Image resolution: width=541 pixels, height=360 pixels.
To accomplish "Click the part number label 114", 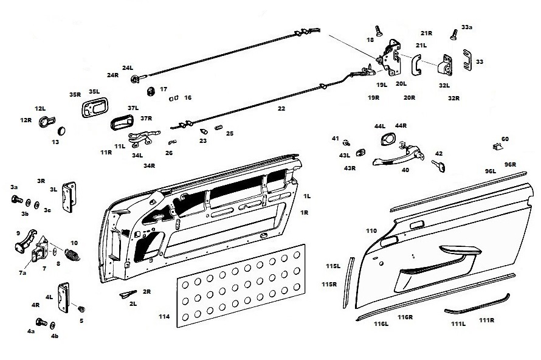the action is point(164,316).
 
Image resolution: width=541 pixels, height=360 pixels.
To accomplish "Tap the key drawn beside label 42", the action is point(438,166).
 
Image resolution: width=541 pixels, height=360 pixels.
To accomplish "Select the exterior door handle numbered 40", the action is point(398,156).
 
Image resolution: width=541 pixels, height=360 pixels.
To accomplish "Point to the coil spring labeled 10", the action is point(72,255).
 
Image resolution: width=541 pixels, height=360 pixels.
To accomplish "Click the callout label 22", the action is point(281,108).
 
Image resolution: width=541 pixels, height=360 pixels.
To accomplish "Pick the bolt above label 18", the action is point(379,30).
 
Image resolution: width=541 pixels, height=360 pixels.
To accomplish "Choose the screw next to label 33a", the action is point(453,35).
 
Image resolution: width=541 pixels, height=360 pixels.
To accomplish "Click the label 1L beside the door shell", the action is point(307,196).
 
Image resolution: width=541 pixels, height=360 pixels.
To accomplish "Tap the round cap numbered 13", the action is point(61,131).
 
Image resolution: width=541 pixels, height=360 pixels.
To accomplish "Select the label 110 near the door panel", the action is point(371,231).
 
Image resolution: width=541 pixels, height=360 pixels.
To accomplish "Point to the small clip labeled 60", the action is point(497,147).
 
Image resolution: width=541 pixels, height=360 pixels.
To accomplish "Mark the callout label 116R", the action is point(405,317).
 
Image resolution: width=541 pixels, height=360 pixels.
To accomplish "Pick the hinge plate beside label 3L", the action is point(69,197).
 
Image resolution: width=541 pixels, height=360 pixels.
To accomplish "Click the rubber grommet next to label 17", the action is point(150,91).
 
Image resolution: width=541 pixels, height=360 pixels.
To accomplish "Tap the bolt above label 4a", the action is point(41,322).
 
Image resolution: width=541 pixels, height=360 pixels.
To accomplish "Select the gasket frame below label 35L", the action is point(95,108).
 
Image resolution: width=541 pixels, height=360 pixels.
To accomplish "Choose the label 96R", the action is point(510,165).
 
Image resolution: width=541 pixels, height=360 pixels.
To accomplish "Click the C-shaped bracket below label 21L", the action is point(416,65).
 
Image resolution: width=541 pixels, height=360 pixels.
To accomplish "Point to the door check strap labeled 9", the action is point(25,241).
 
